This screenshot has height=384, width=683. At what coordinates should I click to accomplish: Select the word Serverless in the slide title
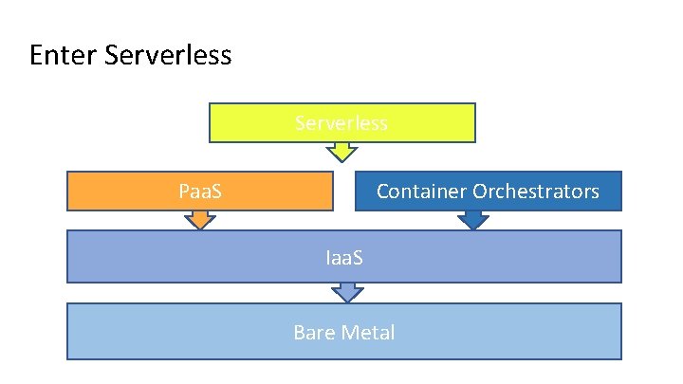168,55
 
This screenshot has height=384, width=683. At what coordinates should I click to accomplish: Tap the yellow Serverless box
427,123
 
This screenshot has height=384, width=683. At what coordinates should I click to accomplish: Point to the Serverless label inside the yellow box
341,123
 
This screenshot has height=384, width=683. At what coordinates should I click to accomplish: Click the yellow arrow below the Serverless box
341,151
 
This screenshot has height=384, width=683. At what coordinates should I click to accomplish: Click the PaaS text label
200,191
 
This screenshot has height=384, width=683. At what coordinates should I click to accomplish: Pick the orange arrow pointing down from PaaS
199,219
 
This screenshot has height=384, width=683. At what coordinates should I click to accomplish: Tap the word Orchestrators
536,191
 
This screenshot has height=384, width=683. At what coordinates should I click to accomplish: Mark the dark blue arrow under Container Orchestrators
473,219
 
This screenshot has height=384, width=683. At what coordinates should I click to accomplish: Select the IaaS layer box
190,256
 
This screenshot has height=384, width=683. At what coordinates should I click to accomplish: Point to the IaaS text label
343,256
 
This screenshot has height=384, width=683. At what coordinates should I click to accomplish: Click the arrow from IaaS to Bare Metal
350,292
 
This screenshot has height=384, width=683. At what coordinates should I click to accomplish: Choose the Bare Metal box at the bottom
190,332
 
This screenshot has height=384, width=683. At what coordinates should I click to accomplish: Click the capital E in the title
37,55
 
